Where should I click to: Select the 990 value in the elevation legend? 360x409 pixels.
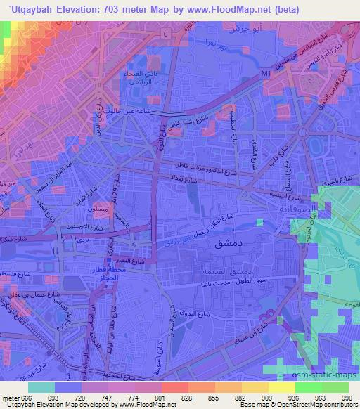tap(345, 398)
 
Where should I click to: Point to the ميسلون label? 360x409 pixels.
tap(101, 211)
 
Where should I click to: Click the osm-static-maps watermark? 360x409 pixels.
tap(324, 375)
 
